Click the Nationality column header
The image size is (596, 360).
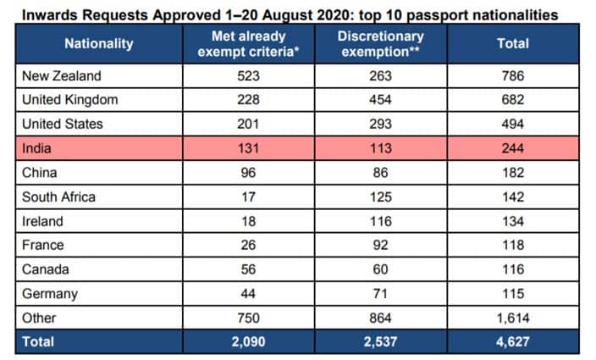[x=99, y=43]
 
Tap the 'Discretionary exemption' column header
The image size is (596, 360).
[x=380, y=43]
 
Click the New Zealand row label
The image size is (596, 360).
[x=62, y=75]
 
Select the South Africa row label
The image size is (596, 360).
[x=58, y=197]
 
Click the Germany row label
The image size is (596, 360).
[x=50, y=294]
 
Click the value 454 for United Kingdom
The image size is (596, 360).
[x=380, y=100]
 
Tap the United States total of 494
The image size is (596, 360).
[x=512, y=124]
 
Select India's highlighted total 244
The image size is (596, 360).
[x=512, y=148]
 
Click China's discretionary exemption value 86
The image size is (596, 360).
[x=380, y=173]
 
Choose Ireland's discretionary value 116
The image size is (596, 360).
[x=380, y=221]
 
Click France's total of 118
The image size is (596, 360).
[x=512, y=246]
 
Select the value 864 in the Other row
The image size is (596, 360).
[x=380, y=318]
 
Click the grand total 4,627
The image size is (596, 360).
[x=512, y=341]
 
